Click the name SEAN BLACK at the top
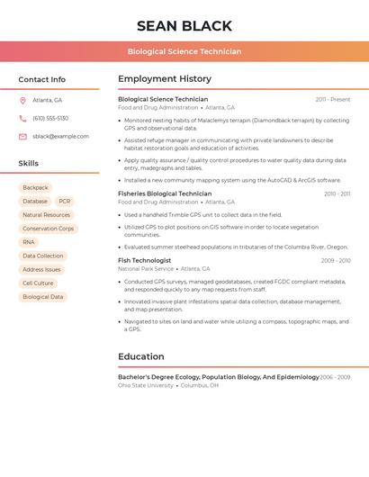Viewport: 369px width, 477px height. point(184,26)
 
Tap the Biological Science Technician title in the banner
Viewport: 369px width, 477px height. point(184,51)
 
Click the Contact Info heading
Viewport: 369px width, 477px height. point(41,79)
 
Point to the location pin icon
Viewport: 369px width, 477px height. point(22,100)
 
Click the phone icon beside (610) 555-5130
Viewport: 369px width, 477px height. point(22,118)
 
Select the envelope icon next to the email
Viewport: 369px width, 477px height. point(22,137)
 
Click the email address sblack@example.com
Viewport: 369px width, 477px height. point(60,137)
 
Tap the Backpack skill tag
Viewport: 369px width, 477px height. point(35,187)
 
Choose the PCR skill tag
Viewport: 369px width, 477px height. point(65,202)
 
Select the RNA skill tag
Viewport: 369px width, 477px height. point(29,242)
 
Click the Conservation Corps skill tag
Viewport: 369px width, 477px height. point(48,229)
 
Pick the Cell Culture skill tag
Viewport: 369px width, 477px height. point(38,283)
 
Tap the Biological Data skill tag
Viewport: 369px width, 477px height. point(42,296)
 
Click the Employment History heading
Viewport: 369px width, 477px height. point(164,79)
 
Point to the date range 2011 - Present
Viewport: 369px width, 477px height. point(332,100)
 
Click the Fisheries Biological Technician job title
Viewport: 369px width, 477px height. point(165,193)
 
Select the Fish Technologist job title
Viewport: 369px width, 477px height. point(144,260)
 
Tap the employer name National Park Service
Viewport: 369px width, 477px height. point(146,269)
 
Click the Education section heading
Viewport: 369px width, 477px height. point(140,356)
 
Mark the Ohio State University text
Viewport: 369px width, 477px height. point(146,385)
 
